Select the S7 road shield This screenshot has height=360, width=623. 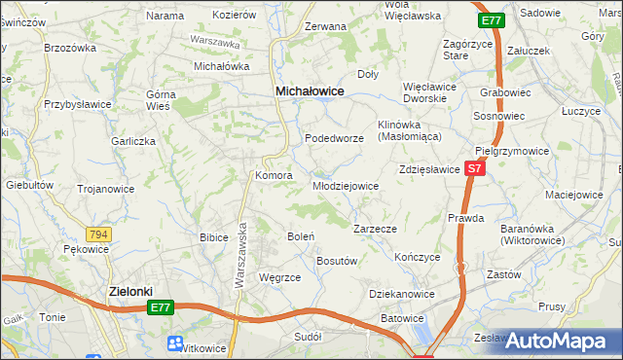[x=473, y=168]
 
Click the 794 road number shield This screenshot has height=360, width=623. [x=97, y=234]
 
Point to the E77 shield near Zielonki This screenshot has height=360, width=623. [x=162, y=307]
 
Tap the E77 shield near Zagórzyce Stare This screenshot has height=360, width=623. [x=492, y=19]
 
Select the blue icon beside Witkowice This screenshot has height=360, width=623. [x=174, y=343]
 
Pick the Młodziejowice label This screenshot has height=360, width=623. [x=345, y=185]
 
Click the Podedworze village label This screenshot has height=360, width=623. [x=334, y=139]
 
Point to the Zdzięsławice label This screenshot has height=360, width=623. [x=428, y=168]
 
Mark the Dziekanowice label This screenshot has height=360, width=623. [x=401, y=293]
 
